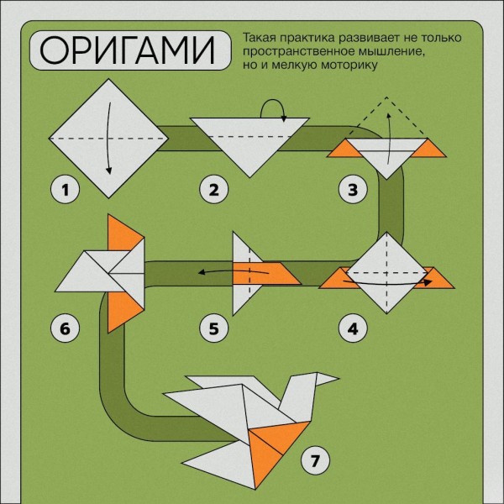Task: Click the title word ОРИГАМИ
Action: tap(127, 50)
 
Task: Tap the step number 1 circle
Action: tap(65, 190)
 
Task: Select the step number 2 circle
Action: tap(213, 190)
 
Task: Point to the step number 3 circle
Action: tap(353, 190)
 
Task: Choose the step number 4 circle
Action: tap(353, 328)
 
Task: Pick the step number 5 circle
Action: tap(213, 328)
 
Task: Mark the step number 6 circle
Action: tap(65, 328)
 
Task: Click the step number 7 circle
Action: tap(315, 461)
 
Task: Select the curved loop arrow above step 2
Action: tap(273, 102)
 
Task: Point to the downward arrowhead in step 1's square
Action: tap(109, 170)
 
